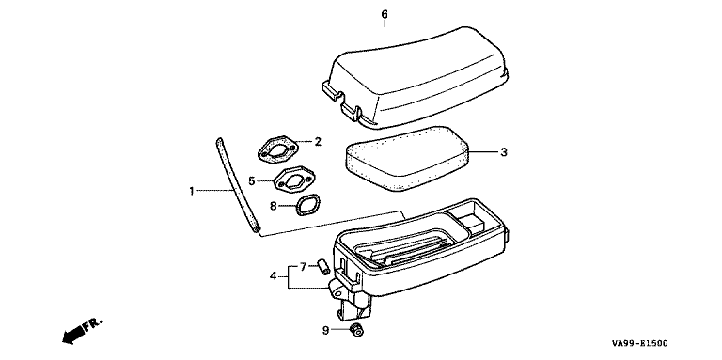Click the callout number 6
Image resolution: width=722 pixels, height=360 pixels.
click(x=385, y=14)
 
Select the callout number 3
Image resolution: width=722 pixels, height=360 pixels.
click(x=504, y=152)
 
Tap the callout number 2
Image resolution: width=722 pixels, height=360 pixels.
click(x=318, y=141)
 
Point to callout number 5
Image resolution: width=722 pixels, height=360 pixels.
click(x=251, y=180)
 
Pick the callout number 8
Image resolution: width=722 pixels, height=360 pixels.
click(x=273, y=206)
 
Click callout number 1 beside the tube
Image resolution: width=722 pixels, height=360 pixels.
click(x=192, y=191)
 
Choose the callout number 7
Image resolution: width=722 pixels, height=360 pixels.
click(x=303, y=267)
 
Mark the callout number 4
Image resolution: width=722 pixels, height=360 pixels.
click(x=273, y=276)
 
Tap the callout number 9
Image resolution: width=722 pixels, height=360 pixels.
click(x=325, y=330)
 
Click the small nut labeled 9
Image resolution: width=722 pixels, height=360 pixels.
click(x=356, y=330)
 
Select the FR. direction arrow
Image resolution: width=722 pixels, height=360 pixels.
click(x=82, y=330)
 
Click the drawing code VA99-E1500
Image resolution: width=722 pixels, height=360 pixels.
click(x=640, y=343)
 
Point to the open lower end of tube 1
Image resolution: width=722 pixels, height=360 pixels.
click(x=257, y=228)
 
